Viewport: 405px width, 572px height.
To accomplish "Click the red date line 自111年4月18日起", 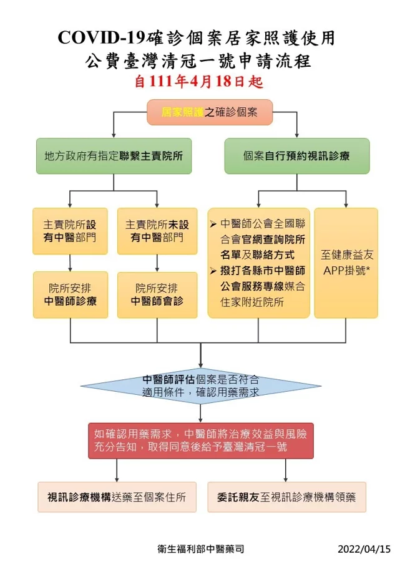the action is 199,81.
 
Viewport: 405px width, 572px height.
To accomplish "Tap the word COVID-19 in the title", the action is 102,38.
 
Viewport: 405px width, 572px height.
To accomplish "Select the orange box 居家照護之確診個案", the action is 210,112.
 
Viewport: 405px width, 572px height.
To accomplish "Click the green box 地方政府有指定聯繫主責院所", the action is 114,156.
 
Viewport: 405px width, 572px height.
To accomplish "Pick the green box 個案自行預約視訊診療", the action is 296,156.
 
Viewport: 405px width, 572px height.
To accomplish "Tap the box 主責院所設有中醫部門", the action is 70,231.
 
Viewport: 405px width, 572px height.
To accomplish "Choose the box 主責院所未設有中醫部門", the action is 157,231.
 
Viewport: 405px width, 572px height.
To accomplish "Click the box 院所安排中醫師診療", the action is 71,295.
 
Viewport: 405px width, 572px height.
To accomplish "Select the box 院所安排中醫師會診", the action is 157,295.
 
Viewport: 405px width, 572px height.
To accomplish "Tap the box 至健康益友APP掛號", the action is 346,263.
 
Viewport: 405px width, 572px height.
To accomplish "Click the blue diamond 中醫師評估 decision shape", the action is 201,386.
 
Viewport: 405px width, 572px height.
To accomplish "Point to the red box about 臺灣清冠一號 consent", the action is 201,440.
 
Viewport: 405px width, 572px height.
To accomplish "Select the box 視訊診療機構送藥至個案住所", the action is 117,497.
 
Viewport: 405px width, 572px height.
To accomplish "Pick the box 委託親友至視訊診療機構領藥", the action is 287,497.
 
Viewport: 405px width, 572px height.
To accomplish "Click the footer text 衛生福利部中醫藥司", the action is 201,549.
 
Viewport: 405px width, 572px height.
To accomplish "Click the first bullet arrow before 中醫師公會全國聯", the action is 213,224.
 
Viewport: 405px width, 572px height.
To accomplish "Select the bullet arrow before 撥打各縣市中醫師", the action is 213,271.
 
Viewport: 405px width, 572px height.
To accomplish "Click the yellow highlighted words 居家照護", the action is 182,112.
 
